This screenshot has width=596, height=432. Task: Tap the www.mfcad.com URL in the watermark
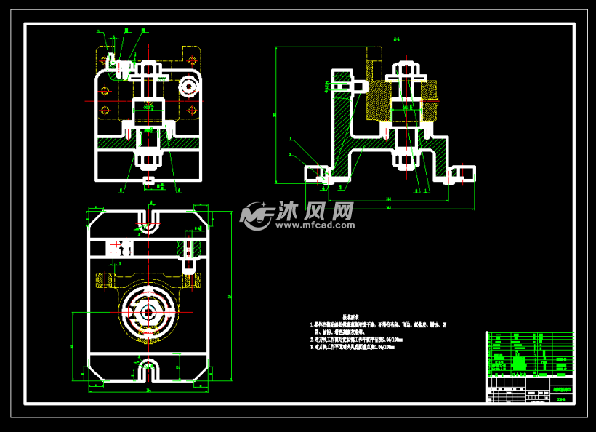[313, 225]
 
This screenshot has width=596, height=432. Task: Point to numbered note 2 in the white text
[355, 339]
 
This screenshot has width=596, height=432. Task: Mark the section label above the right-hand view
[398, 40]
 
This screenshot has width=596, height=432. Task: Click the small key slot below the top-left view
[148, 180]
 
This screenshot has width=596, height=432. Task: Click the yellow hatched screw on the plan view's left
[102, 279]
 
